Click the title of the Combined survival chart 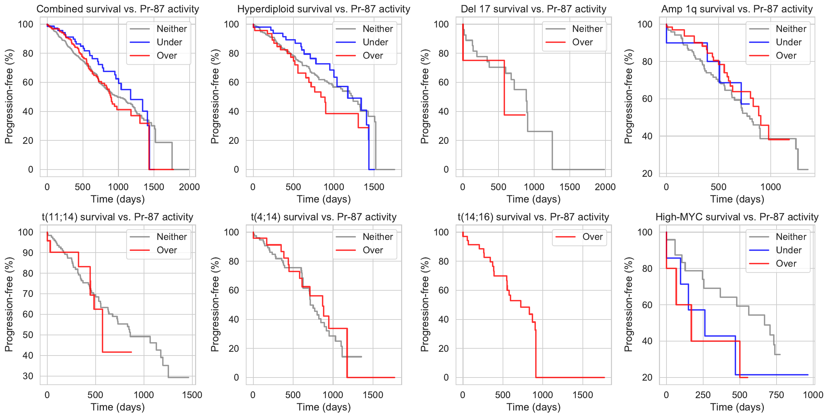[118, 9]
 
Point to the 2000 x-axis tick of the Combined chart [189, 187]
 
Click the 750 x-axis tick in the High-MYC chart [776, 395]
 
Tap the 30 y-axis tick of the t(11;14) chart [28, 376]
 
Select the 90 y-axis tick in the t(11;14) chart [28, 253]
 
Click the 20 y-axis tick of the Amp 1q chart [647, 174]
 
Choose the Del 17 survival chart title [533, 9]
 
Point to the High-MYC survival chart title [737, 217]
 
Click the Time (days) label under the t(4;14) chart [324, 407]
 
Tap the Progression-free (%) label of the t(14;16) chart [425, 304]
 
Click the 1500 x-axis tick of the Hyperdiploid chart [374, 187]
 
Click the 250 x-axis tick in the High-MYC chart [703, 395]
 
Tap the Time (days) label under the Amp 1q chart [737, 199]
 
